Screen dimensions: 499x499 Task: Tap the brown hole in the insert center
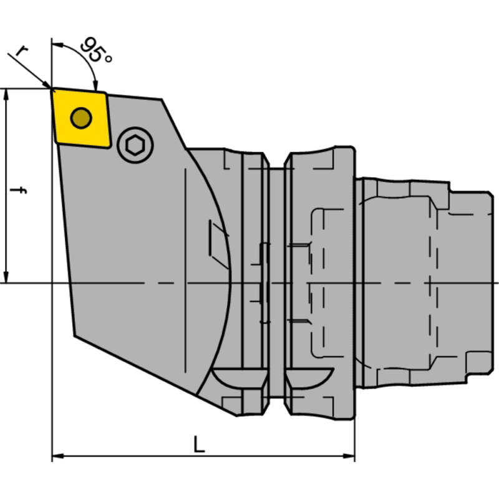coord(80,117)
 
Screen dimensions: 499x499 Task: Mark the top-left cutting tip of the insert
coord(53,89)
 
